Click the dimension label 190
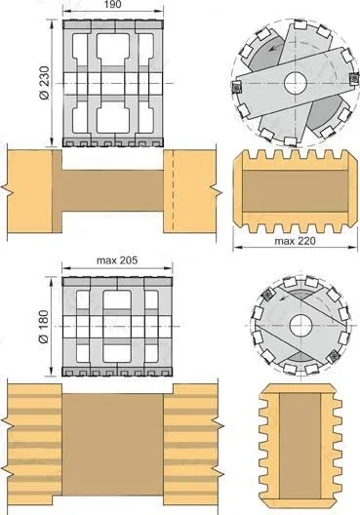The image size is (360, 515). click(x=113, y=4)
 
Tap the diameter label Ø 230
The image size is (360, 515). click(x=44, y=83)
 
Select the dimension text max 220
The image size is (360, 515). click(x=295, y=241)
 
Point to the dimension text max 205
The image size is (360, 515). click(x=117, y=260)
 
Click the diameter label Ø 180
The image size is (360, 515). click(x=43, y=327)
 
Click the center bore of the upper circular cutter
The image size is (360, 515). click(x=296, y=83)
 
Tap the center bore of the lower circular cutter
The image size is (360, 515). click(x=300, y=326)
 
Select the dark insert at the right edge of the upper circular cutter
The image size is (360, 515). click(x=354, y=78)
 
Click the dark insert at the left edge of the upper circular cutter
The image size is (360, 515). click(x=237, y=88)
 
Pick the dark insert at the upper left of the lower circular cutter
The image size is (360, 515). click(x=268, y=294)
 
